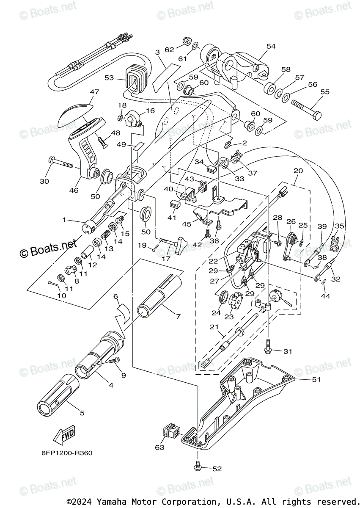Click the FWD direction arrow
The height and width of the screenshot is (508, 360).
pos(63,434)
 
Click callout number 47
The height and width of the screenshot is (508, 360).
pos(94,91)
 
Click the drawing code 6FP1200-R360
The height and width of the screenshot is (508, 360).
pos(61,453)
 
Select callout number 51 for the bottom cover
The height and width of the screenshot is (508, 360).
pos(316,379)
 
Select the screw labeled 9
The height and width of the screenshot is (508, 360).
pos(114,361)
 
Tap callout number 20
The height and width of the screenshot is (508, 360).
pos(298,171)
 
